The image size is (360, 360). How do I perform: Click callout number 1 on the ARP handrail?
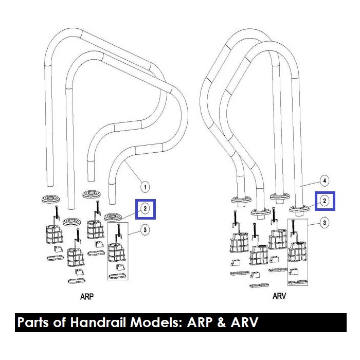click(145, 186)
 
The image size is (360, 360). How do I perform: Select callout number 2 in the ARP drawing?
click(145, 208)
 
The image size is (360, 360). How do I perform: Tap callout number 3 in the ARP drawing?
click(145, 230)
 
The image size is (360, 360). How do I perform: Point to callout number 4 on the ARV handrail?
click(325, 181)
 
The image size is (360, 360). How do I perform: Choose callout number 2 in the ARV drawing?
click(325, 201)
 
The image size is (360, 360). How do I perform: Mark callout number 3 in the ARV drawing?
click(325, 222)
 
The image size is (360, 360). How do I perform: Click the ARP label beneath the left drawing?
click(87, 297)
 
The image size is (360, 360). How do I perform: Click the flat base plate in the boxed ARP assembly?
click(117, 275)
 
